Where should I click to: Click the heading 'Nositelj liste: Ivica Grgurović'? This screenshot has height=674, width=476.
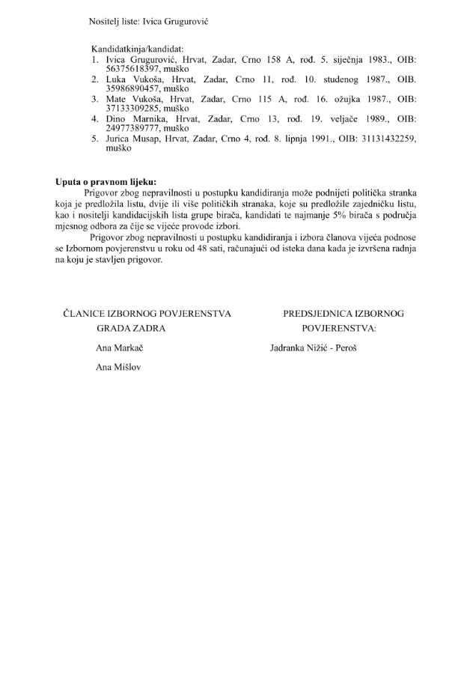pyautogui.click(x=147, y=22)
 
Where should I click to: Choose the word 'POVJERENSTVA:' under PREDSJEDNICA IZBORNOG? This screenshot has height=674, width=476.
pyautogui.click(x=339, y=328)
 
